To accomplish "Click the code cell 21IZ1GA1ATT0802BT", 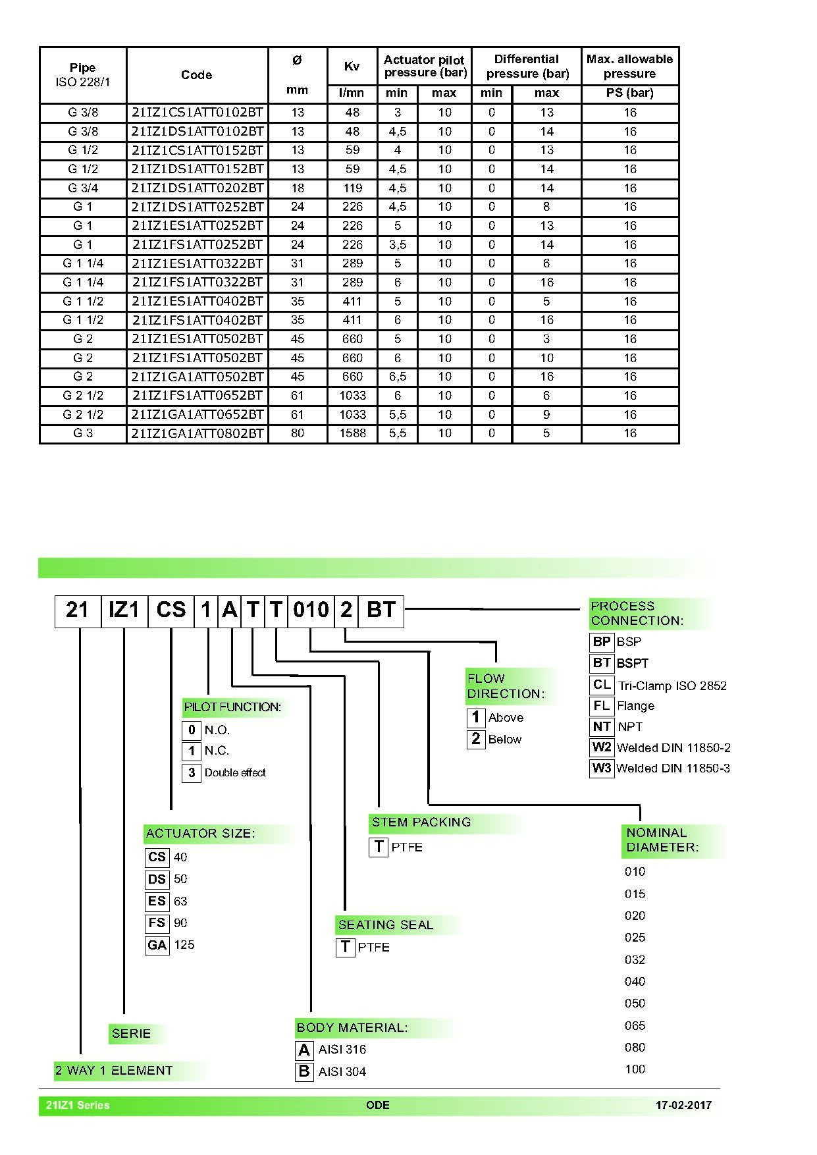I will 198,433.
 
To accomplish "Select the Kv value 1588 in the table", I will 352,433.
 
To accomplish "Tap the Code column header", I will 196,75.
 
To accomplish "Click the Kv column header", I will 352,67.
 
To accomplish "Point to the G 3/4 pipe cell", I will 83,188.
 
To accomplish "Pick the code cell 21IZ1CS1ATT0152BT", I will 198,150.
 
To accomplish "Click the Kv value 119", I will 352,188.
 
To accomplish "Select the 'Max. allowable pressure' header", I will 629,67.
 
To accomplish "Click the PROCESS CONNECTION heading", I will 637,613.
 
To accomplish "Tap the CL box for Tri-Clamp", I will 602,685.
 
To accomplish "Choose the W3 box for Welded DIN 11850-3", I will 602,768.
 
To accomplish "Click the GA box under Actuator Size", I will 157,945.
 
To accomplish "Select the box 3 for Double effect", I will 192,772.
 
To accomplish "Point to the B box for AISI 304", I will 304,1071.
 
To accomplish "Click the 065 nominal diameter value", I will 635,1025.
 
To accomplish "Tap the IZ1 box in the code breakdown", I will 124,610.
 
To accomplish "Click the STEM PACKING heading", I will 421,822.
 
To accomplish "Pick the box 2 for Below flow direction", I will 475,739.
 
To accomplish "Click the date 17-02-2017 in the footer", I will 683,1105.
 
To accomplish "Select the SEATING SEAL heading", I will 386,925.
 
